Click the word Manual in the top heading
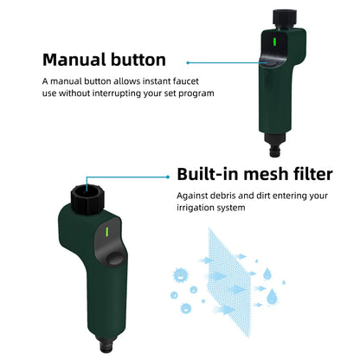[x=75, y=61]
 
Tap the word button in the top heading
[x=135, y=61]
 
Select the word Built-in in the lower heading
[x=212, y=174]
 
